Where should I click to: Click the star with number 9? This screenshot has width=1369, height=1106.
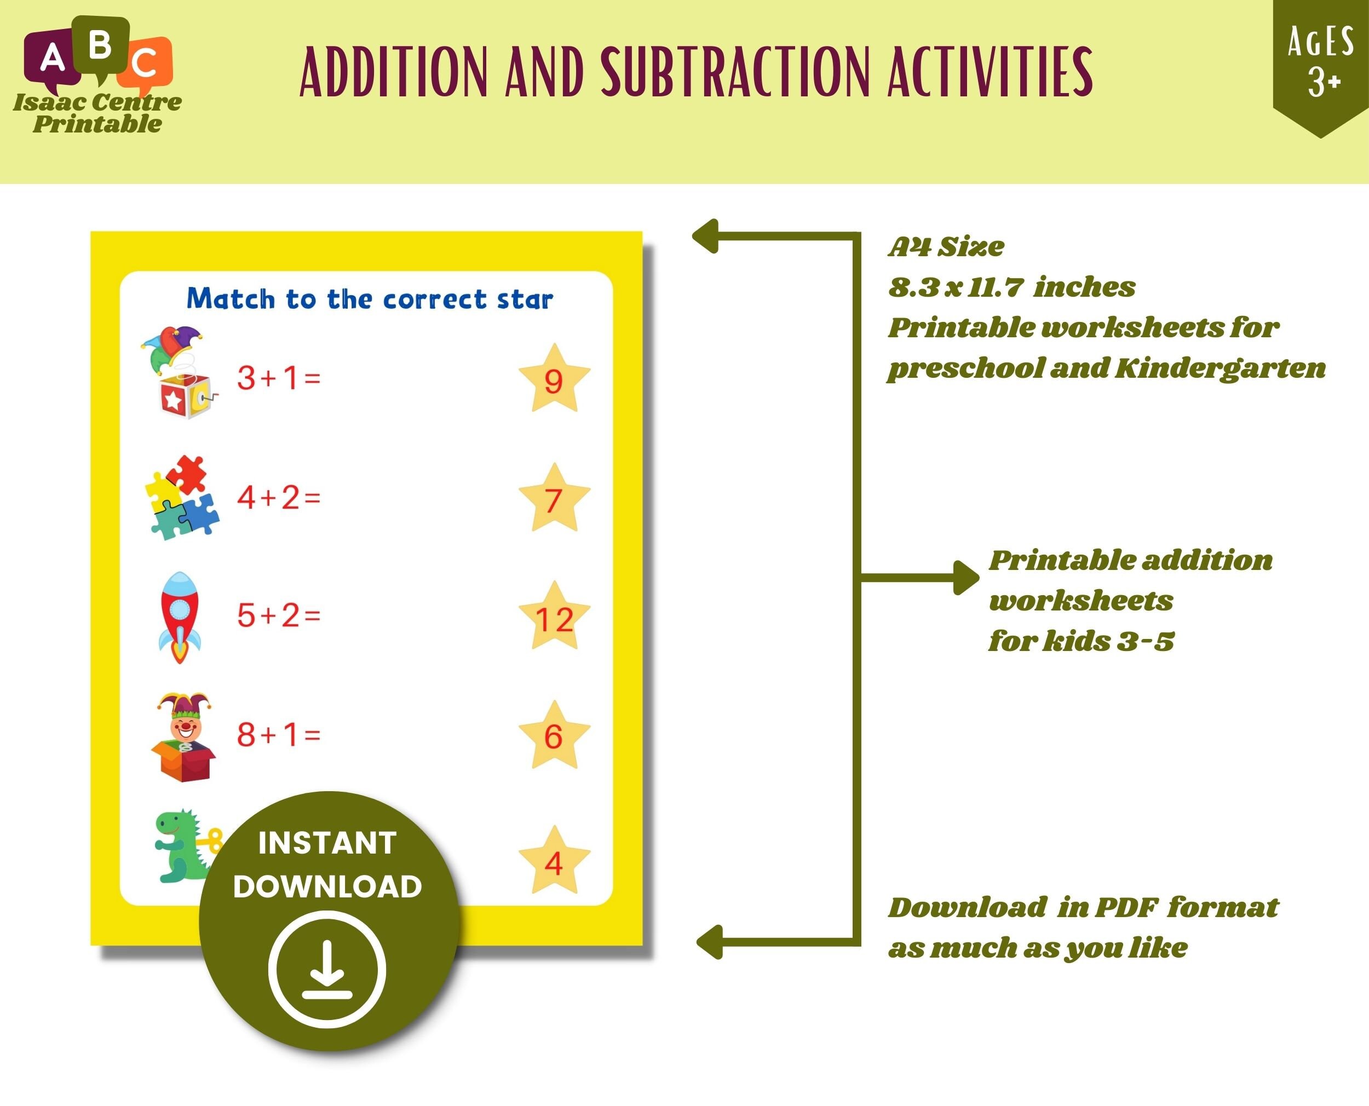click(x=554, y=380)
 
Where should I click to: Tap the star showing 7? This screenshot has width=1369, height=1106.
click(x=554, y=499)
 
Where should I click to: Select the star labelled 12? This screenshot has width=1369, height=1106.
click(x=554, y=618)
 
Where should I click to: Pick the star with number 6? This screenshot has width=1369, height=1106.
click(x=554, y=736)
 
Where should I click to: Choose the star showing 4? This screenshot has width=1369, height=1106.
click(x=554, y=862)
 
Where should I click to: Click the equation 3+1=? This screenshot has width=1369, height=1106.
click(x=278, y=378)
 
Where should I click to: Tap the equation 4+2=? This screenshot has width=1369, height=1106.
click(x=278, y=497)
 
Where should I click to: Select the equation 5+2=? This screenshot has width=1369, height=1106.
click(x=278, y=615)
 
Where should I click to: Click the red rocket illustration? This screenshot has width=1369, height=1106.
click(x=179, y=616)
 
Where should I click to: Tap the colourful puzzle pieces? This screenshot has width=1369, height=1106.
click(x=182, y=498)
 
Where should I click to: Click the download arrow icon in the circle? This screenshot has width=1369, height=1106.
click(x=327, y=969)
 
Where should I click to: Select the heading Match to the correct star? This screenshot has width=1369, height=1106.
click(x=370, y=299)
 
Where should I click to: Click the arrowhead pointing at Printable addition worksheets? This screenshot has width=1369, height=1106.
click(x=967, y=577)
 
